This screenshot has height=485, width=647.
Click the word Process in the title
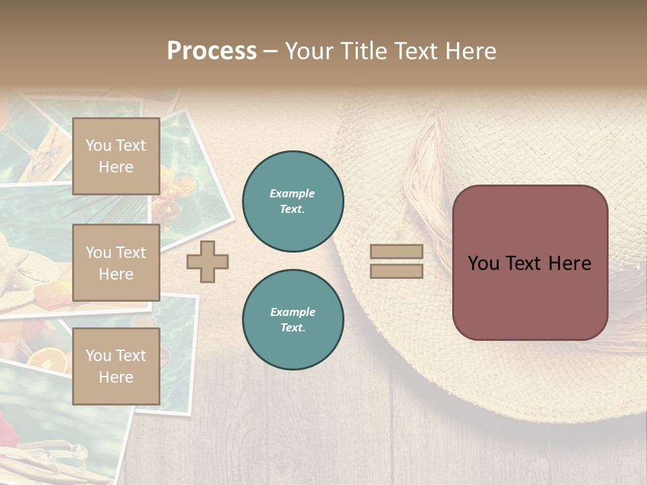coord(212,51)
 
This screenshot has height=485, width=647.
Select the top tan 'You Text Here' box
coord(116,156)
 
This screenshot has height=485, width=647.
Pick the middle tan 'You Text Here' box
coord(116,263)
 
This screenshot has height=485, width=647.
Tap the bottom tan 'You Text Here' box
coord(116,366)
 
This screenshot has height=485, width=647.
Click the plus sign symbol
coord(208,261)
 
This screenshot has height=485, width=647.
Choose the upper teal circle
coord(293,201)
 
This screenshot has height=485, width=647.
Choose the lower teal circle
coord(293,320)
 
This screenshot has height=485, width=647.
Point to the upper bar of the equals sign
coord(396,252)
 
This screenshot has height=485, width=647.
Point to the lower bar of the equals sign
coord(396,271)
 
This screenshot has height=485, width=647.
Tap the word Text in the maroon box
coord(529,263)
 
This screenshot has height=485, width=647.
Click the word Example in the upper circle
coord(292,194)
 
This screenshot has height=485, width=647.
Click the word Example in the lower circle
coord(292,313)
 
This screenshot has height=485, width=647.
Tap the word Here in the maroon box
coord(569,263)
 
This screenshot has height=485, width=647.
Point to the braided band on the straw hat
coord(421,175)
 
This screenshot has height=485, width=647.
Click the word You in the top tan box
coord(98,145)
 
